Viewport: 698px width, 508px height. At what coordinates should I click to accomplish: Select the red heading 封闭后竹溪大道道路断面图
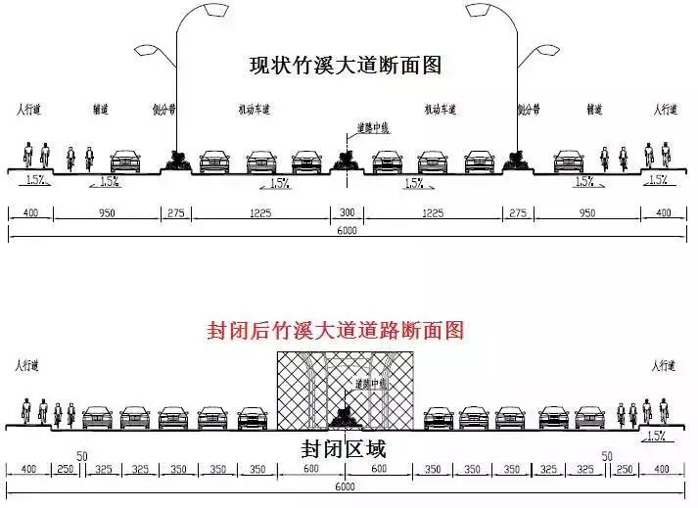pyautogui.click(x=336, y=329)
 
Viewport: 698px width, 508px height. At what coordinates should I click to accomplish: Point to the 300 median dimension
pyautogui.click(x=347, y=213)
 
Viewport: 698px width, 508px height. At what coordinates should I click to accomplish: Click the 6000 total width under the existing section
pyautogui.click(x=346, y=232)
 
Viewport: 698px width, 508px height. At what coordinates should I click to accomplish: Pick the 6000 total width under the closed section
pyautogui.click(x=346, y=486)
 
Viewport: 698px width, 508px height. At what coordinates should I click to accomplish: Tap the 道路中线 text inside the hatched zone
pyautogui.click(x=369, y=384)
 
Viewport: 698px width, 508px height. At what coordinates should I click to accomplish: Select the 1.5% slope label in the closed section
pyautogui.click(x=656, y=435)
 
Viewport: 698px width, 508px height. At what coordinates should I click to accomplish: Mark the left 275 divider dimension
pyautogui.click(x=176, y=213)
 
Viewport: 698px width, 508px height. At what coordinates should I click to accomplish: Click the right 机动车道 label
pyautogui.click(x=443, y=110)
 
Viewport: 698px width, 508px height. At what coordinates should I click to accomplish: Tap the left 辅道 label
pyautogui.click(x=101, y=110)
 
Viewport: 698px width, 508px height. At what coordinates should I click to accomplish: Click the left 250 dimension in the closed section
pyautogui.click(x=66, y=469)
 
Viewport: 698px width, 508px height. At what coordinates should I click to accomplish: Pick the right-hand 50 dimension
pyautogui.click(x=607, y=456)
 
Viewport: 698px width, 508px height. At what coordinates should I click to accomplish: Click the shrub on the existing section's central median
pyautogui.click(x=345, y=156)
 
